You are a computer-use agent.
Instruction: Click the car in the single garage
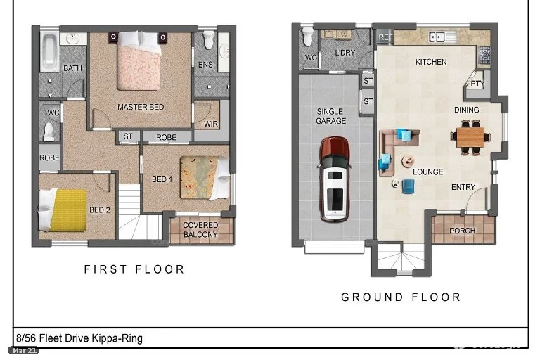point(335,179)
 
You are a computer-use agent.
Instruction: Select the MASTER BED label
point(141,107)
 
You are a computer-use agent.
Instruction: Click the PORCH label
point(462,231)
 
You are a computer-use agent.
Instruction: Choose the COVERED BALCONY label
point(200,230)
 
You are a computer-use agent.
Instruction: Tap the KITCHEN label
point(431,62)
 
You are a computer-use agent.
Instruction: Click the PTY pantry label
point(477,84)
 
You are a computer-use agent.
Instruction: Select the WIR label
point(211,124)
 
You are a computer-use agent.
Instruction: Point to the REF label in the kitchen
point(385,37)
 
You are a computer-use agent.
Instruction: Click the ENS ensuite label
point(205,65)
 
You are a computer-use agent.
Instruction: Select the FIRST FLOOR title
point(134,269)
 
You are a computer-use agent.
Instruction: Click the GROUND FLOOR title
point(401,297)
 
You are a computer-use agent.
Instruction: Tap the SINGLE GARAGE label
point(330,116)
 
